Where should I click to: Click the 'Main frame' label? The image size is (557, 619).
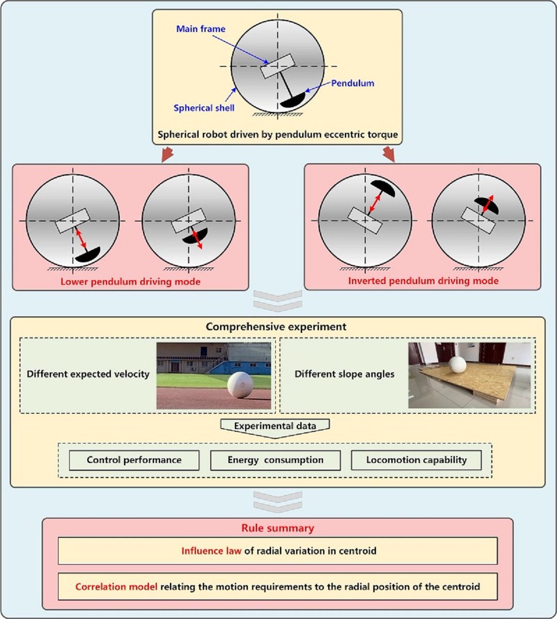click(201, 29)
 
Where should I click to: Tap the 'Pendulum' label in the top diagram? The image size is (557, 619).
click(352, 83)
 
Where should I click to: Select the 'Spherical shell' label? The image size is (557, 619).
click(204, 108)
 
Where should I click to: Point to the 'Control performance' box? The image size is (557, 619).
click(134, 460)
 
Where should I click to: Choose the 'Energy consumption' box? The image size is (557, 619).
click(275, 460)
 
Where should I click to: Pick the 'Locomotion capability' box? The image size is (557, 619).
click(416, 460)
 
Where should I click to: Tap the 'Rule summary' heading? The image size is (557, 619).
click(277, 528)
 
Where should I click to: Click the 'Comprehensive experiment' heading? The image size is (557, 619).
click(276, 327)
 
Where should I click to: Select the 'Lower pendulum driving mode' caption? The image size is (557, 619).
click(130, 282)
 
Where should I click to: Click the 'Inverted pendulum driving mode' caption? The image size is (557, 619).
click(423, 281)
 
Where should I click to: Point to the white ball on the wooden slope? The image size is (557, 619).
click(457, 365)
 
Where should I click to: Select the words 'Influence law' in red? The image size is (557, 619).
click(211, 551)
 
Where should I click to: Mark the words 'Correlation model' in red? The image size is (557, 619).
click(116, 587)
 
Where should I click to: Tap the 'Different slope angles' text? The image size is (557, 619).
click(345, 374)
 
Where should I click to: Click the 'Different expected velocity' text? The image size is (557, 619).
click(88, 374)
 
